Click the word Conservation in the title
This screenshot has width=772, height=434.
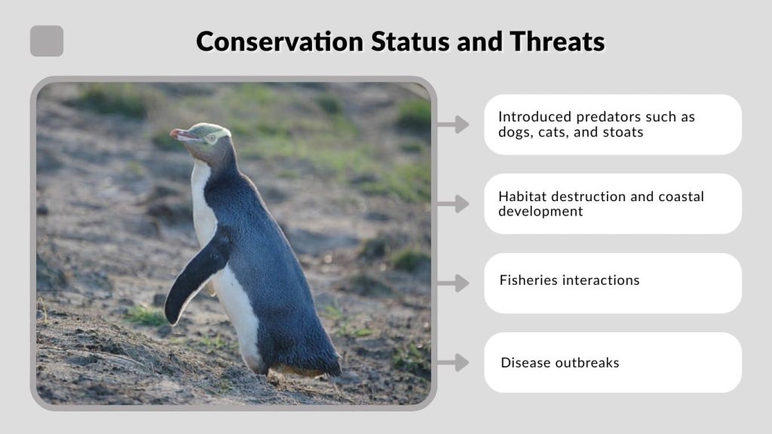(279, 41)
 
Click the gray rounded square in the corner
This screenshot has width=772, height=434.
(47, 41)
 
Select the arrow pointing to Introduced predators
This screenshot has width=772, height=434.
(452, 124)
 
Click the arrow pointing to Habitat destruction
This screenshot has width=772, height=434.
(452, 203)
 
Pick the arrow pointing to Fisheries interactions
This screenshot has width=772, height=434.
(452, 283)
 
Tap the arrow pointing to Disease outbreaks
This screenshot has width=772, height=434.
(452, 362)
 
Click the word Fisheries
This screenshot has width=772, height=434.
(528, 280)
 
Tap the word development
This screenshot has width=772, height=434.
(541, 211)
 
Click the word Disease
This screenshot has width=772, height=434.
(525, 362)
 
